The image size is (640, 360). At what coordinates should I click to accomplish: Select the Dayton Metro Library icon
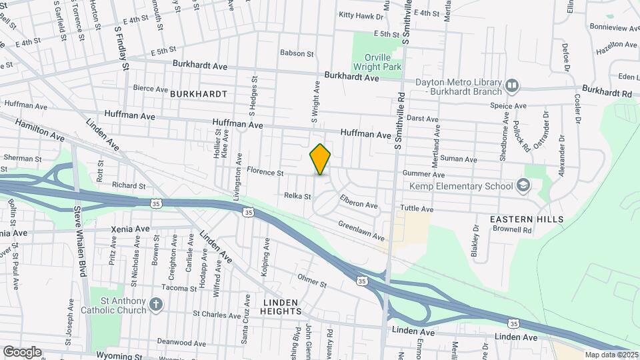pyautogui.click(x=512, y=85)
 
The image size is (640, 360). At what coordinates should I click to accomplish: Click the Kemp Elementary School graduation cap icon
pyautogui.click(x=524, y=185)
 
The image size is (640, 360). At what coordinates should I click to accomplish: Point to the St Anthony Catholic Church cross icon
pyautogui.click(x=156, y=305)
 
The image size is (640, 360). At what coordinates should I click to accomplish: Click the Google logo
pyautogui.click(x=22, y=351)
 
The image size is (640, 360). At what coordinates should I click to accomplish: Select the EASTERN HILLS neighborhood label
pyautogui.click(x=527, y=219)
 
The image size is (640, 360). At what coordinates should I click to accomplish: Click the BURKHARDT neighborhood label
pyautogui.click(x=199, y=94)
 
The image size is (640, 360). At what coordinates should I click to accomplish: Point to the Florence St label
pyautogui.click(x=265, y=172)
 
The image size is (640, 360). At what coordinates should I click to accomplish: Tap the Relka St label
pyautogui.click(x=298, y=197)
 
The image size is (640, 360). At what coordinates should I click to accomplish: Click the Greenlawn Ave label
pyautogui.click(x=361, y=231)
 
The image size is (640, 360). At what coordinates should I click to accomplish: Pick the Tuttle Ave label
pyautogui.click(x=417, y=209)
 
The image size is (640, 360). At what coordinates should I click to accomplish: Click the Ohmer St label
pyautogui.click(x=312, y=283)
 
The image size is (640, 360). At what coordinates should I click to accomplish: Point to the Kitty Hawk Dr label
pyautogui.click(x=361, y=15)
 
